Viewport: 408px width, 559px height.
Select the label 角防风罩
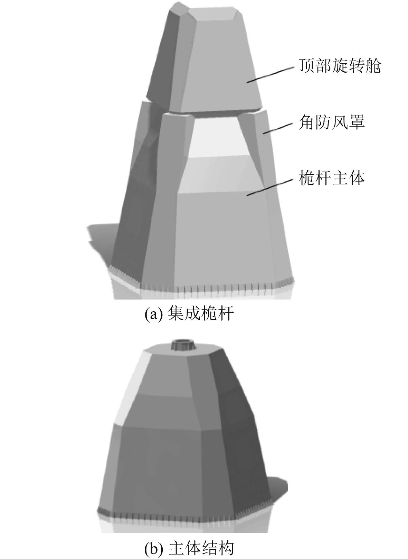(331, 122)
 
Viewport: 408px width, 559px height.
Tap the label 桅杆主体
(331, 178)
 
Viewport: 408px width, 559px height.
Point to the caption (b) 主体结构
(189, 548)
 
